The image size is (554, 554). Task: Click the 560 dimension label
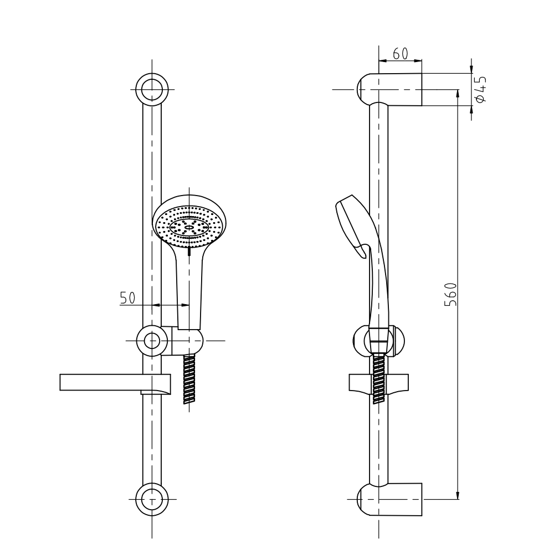(451, 294)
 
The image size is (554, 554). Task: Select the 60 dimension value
(400, 54)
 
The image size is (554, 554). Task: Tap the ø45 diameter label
(480, 89)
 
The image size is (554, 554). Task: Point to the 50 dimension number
(128, 297)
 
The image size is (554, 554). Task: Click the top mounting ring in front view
(152, 89)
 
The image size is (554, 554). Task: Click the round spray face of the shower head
(189, 227)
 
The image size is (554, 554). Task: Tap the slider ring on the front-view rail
(152, 340)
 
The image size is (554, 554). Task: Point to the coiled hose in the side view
(379, 379)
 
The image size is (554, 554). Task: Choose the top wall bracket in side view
(391, 89)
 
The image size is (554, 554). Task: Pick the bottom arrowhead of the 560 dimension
(458, 495)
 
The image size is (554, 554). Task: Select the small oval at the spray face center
(189, 227)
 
